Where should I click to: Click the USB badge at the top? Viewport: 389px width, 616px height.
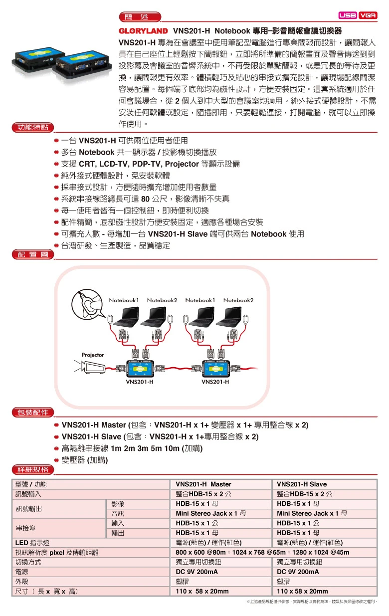[347, 15]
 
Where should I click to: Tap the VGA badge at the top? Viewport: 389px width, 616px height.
[368, 15]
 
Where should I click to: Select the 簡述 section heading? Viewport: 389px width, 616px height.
[140, 17]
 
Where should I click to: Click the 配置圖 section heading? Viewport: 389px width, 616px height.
[33, 255]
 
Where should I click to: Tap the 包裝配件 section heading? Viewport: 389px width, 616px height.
[33, 412]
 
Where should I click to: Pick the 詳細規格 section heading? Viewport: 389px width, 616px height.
[33, 469]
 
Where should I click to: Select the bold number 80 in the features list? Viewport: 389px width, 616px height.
[146, 199]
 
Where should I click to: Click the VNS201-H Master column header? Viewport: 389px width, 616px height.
[203, 484]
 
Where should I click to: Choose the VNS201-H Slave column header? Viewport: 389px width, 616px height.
[302, 484]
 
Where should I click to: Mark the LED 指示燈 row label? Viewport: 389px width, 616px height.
[32, 543]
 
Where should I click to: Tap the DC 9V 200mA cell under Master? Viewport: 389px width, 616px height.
[197, 572]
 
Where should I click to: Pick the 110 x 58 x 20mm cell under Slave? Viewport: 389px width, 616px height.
[302, 591]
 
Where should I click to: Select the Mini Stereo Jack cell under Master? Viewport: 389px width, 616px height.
[210, 513]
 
